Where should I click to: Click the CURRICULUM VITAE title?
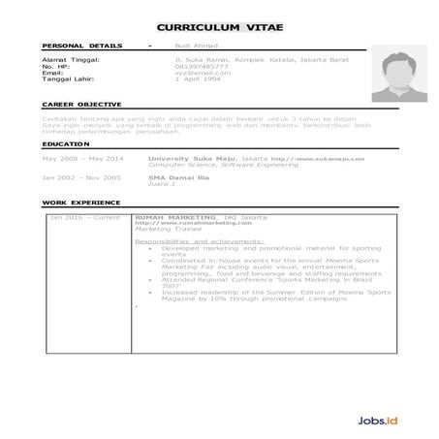click(219, 28)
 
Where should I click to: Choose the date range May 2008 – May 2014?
click(83, 157)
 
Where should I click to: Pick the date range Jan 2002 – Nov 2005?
click(81, 178)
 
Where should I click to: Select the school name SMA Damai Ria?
click(173, 178)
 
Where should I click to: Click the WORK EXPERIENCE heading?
click(81, 203)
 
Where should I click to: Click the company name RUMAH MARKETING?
click(176, 217)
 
